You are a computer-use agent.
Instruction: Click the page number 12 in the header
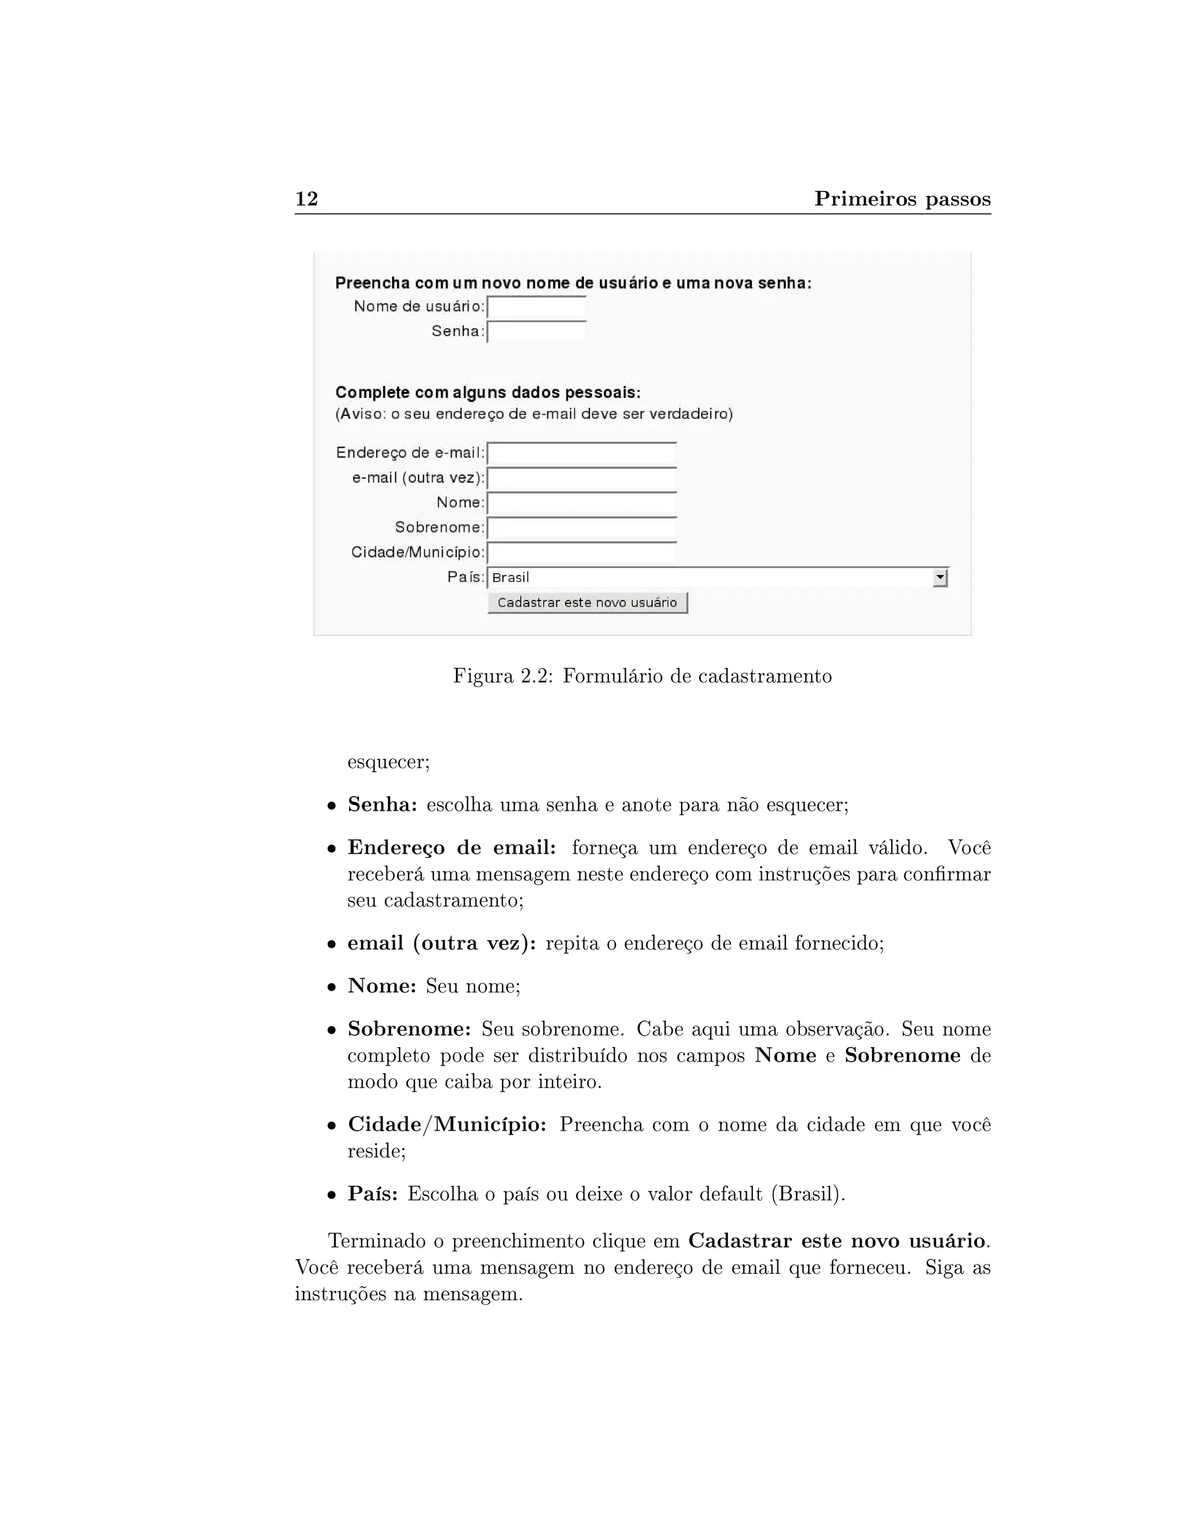click(307, 199)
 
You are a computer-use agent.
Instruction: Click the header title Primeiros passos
click(902, 199)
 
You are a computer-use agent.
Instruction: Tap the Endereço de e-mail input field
click(581, 454)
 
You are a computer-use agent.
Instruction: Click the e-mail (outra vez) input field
click(581, 479)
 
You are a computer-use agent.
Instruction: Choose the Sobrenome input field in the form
click(581, 528)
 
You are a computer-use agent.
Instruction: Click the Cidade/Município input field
click(581, 553)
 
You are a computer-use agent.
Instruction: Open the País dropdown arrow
click(940, 578)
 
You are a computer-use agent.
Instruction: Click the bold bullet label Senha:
click(383, 805)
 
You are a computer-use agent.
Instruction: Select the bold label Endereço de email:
click(452, 848)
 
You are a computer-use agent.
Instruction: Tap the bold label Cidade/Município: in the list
click(447, 1125)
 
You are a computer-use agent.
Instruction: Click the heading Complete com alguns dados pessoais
click(488, 393)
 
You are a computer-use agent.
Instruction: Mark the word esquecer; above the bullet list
click(388, 762)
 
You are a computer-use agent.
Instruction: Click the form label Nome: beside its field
click(460, 503)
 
